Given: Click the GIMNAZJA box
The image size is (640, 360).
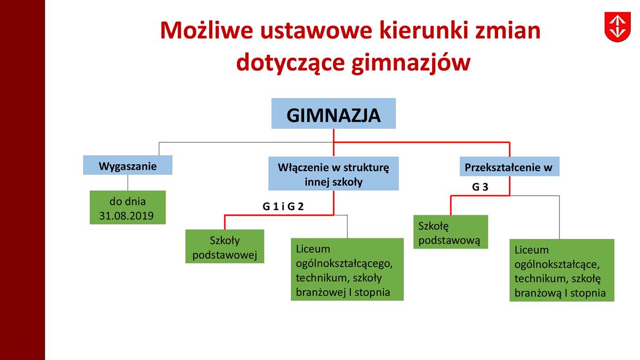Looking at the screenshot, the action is click(333, 114).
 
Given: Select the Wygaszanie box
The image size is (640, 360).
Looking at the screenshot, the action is click(127, 165).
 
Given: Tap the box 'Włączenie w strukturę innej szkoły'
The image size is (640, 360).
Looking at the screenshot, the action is click(333, 173).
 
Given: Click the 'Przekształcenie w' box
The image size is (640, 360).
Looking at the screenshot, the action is click(509, 166).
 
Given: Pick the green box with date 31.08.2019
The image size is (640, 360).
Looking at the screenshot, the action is click(127, 207).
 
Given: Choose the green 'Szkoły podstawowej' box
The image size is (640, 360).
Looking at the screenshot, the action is click(225, 246).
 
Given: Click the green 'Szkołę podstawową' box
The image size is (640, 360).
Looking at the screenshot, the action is click(451, 232).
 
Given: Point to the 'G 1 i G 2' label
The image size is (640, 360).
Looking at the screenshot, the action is click(283, 206).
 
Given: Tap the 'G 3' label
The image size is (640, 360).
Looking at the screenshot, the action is click(480, 187).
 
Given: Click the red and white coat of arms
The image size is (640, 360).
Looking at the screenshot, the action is click(618, 27).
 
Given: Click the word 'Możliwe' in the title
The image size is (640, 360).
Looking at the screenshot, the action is click(206, 30).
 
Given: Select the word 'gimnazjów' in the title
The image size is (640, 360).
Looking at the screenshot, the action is click(411, 63).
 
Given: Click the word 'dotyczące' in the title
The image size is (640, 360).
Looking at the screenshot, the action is click(290, 63).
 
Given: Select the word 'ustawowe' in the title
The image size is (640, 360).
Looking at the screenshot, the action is click(316, 31).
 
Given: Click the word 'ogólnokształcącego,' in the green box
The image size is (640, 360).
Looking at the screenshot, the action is click(345, 263).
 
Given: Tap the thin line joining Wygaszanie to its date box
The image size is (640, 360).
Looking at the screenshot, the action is click(127, 182).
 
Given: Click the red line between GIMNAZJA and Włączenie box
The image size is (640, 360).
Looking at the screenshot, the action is click(333, 142).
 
